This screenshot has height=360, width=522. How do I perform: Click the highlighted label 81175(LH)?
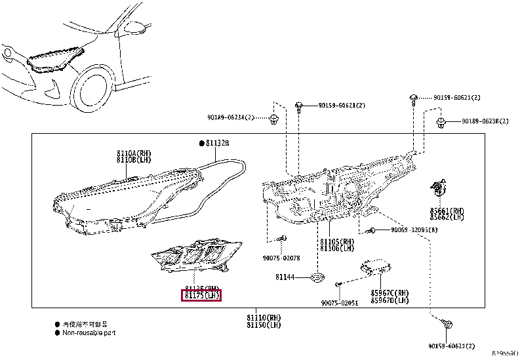pyautogui.click(x=201, y=296)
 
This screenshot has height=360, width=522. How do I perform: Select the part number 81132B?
pyautogui.click(x=218, y=142)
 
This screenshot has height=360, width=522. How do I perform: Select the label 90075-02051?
pyautogui.click(x=340, y=302)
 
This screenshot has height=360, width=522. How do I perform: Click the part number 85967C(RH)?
pyautogui.click(x=390, y=292)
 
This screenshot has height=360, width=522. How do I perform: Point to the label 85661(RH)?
pyautogui.click(x=447, y=210)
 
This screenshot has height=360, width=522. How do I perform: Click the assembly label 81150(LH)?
pyautogui.click(x=264, y=325)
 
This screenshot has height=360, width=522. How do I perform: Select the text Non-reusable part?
pyautogui.click(x=90, y=332)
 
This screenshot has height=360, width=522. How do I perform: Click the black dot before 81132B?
pyautogui.click(x=202, y=142)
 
